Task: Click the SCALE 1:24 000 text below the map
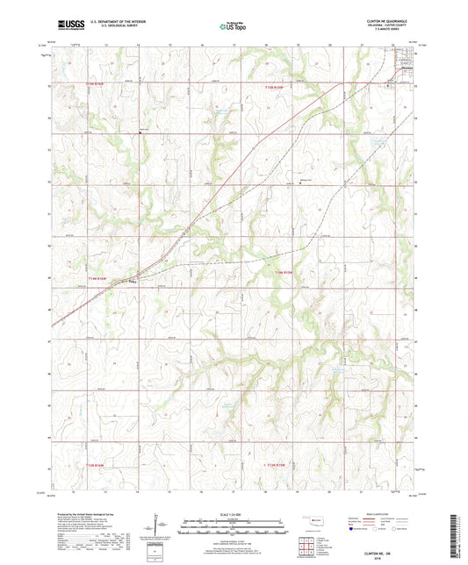click(x=234, y=512)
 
